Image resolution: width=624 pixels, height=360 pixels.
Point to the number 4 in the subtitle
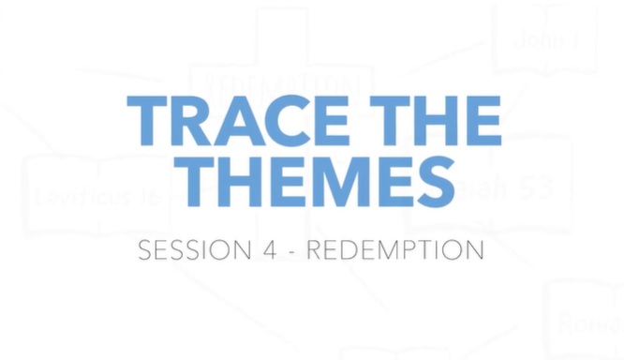tap(265, 251)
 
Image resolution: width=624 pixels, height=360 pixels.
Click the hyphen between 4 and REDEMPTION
tap(290, 252)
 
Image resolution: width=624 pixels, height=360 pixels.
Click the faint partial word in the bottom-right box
tap(589, 323)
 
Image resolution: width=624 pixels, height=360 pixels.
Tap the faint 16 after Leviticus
tap(152, 198)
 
